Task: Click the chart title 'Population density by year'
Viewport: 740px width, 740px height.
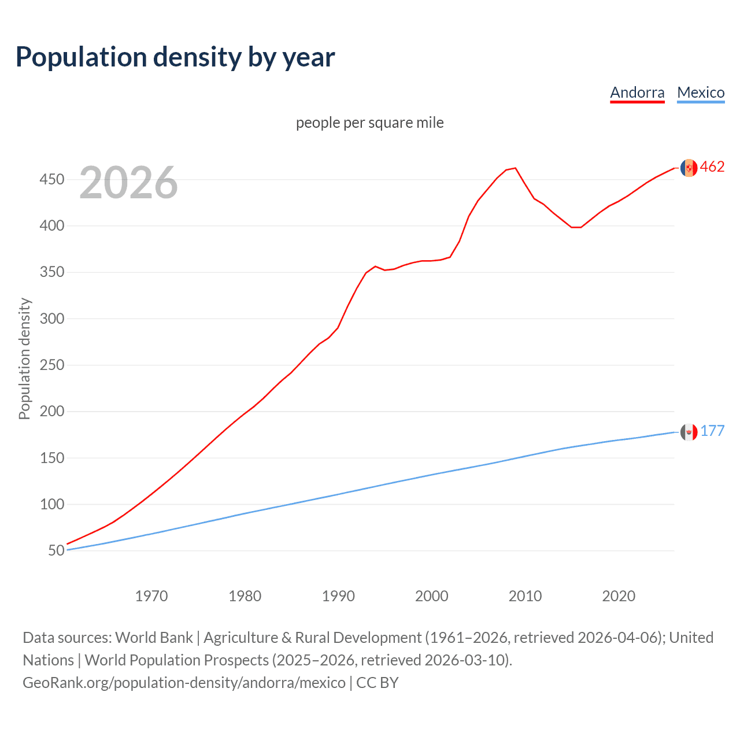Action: [x=175, y=57]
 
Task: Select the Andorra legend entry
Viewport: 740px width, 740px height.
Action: [x=637, y=92]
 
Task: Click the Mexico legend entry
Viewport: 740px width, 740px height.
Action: [x=701, y=92]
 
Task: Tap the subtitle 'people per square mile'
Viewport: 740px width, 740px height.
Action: [x=369, y=123]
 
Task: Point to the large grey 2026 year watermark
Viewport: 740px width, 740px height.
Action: [x=128, y=183]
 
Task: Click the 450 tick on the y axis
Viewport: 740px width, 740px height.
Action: [x=51, y=180]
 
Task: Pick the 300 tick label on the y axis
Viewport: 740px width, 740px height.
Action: [x=51, y=319]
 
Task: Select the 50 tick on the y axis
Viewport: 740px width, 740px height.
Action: [x=56, y=550]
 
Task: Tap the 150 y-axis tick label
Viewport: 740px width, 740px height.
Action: [x=51, y=458]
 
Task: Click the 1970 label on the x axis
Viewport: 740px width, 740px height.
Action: [x=151, y=596]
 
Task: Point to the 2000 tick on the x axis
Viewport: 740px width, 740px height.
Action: [x=432, y=596]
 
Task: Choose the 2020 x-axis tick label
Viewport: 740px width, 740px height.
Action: [x=619, y=596]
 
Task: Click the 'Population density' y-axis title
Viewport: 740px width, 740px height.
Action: [x=24, y=358]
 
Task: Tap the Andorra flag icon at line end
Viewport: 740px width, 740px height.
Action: [x=689, y=168]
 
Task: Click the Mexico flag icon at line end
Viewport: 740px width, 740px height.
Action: [x=689, y=432]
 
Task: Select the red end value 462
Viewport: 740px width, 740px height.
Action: [x=712, y=167]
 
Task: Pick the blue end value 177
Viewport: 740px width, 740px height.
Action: [x=712, y=431]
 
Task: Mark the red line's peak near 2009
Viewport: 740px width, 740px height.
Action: [x=515, y=168]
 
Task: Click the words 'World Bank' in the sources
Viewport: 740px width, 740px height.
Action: [x=154, y=638]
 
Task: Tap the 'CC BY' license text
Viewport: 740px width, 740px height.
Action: [x=378, y=683]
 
